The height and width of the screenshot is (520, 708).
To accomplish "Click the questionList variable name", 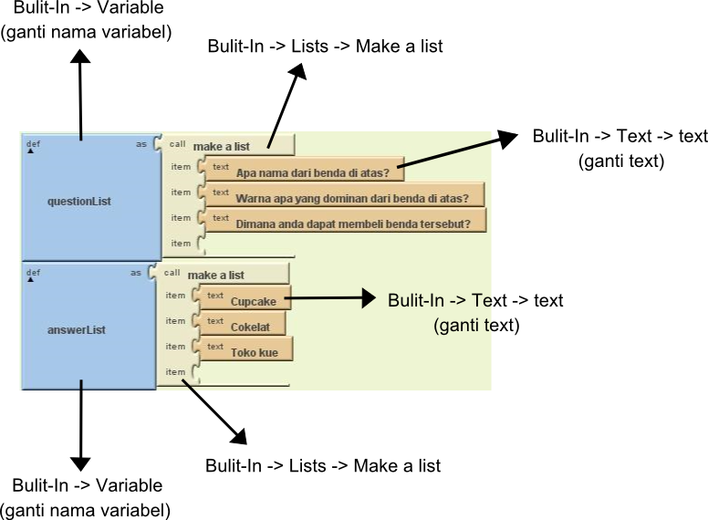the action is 79,201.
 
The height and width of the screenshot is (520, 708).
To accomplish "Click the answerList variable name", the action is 77,330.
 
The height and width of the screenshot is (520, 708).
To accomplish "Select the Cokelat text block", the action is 245,326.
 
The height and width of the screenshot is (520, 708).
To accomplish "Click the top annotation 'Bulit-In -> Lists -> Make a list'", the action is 325,46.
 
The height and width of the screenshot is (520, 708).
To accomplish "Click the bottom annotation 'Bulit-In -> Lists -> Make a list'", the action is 323,466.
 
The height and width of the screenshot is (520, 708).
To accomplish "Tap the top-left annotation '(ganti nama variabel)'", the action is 87,32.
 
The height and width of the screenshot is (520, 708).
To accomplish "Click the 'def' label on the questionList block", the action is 33,143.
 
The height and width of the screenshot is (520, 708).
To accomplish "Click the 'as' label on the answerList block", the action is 136,272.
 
